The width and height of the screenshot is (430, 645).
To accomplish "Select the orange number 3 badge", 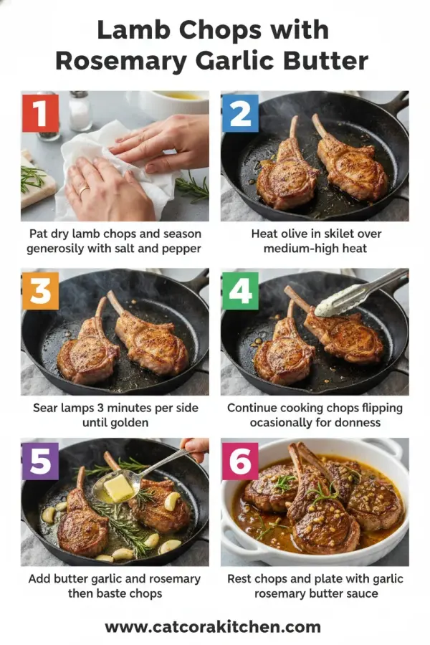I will click(x=40, y=290).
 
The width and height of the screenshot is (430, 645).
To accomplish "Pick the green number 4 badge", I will click(x=239, y=290).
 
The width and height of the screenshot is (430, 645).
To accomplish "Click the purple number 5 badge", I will click(x=40, y=461).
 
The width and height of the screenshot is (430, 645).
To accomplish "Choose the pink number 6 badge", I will click(x=239, y=461).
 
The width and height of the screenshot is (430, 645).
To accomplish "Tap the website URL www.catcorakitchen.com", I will click(x=213, y=627).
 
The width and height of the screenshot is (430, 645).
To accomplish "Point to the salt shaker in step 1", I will click(x=80, y=111).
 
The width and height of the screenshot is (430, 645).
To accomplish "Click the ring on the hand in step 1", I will click(x=84, y=190).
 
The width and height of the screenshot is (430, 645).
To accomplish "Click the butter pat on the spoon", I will click(x=118, y=489).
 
